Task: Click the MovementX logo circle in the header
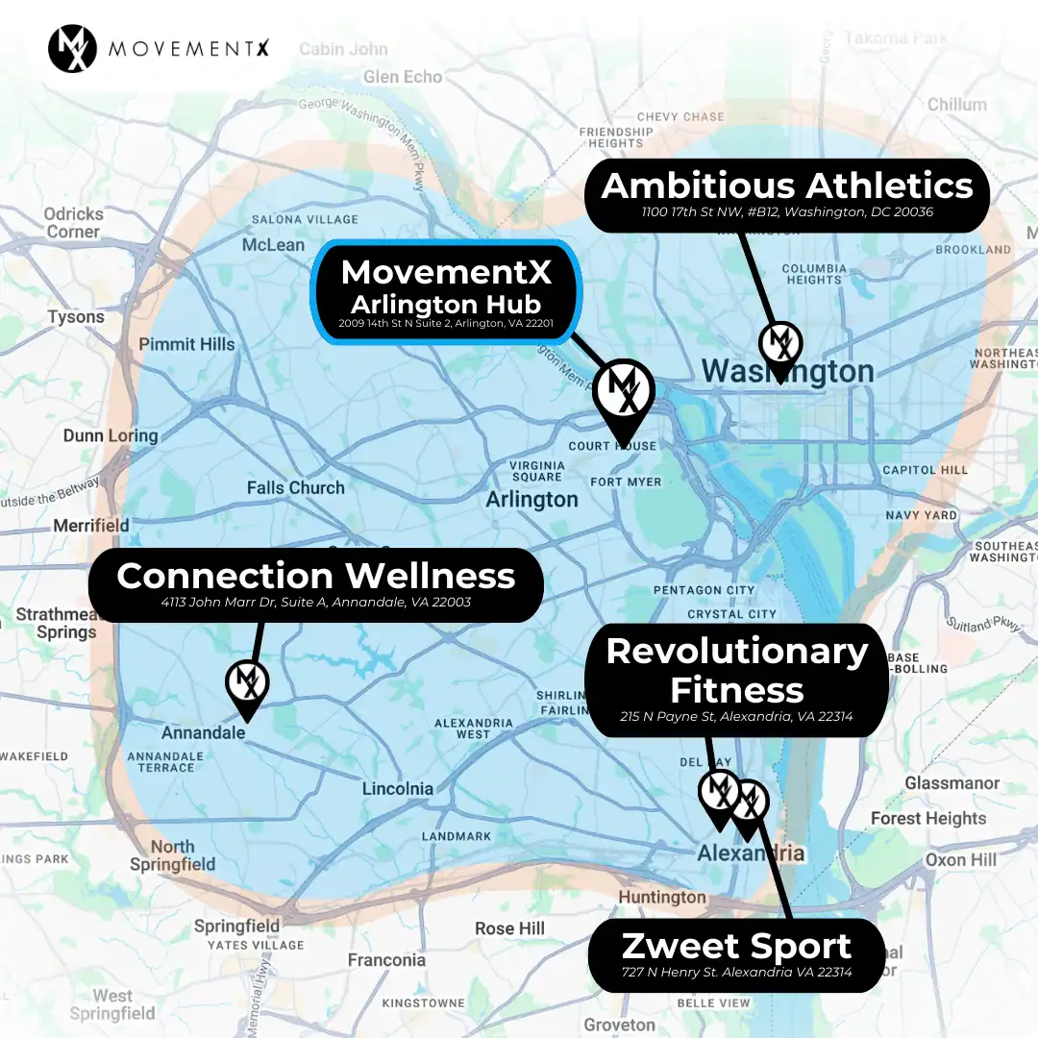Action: tap(72, 47)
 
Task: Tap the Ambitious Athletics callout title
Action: tap(786, 185)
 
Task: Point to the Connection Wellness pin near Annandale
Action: tap(247, 684)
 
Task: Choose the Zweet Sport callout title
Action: tap(736, 946)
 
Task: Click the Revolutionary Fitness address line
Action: tap(736, 717)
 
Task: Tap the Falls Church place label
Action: tap(295, 487)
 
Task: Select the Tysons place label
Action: tap(76, 316)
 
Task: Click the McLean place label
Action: tap(273, 245)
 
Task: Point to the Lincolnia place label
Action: tap(397, 789)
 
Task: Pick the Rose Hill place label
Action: tap(509, 928)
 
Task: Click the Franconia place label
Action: tap(386, 959)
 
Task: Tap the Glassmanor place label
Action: tap(951, 783)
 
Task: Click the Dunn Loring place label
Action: tap(110, 435)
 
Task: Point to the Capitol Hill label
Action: tap(925, 470)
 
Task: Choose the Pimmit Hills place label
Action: tap(186, 344)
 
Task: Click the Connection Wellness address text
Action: tap(316, 604)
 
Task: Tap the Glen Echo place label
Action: tap(403, 77)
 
